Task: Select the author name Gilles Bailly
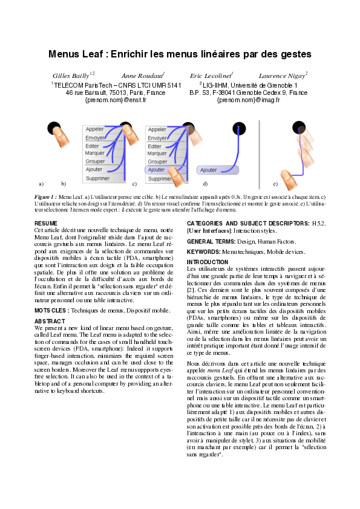69,76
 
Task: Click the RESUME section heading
46,224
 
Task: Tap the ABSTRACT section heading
49,321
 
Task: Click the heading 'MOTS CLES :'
53,310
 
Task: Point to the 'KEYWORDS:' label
204,250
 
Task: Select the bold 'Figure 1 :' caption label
46,198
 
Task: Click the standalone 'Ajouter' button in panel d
209,170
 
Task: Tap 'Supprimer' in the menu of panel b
97,178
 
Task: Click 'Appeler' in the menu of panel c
157,129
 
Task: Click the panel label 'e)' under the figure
275,183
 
